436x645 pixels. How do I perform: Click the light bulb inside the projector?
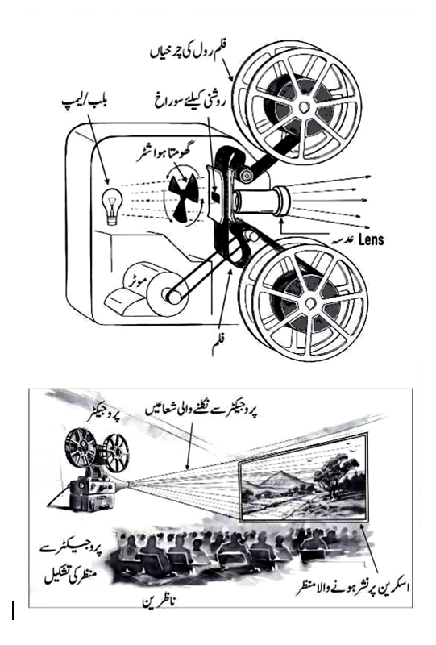(x=112, y=206)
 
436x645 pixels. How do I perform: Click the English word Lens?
(x=372, y=239)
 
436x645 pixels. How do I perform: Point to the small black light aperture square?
(x=214, y=196)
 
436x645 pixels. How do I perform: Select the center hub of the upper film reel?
(x=304, y=107)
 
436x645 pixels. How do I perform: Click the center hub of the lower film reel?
(x=309, y=304)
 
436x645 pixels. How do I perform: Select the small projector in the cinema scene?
(x=89, y=470)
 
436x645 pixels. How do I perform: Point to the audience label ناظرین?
(x=160, y=602)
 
